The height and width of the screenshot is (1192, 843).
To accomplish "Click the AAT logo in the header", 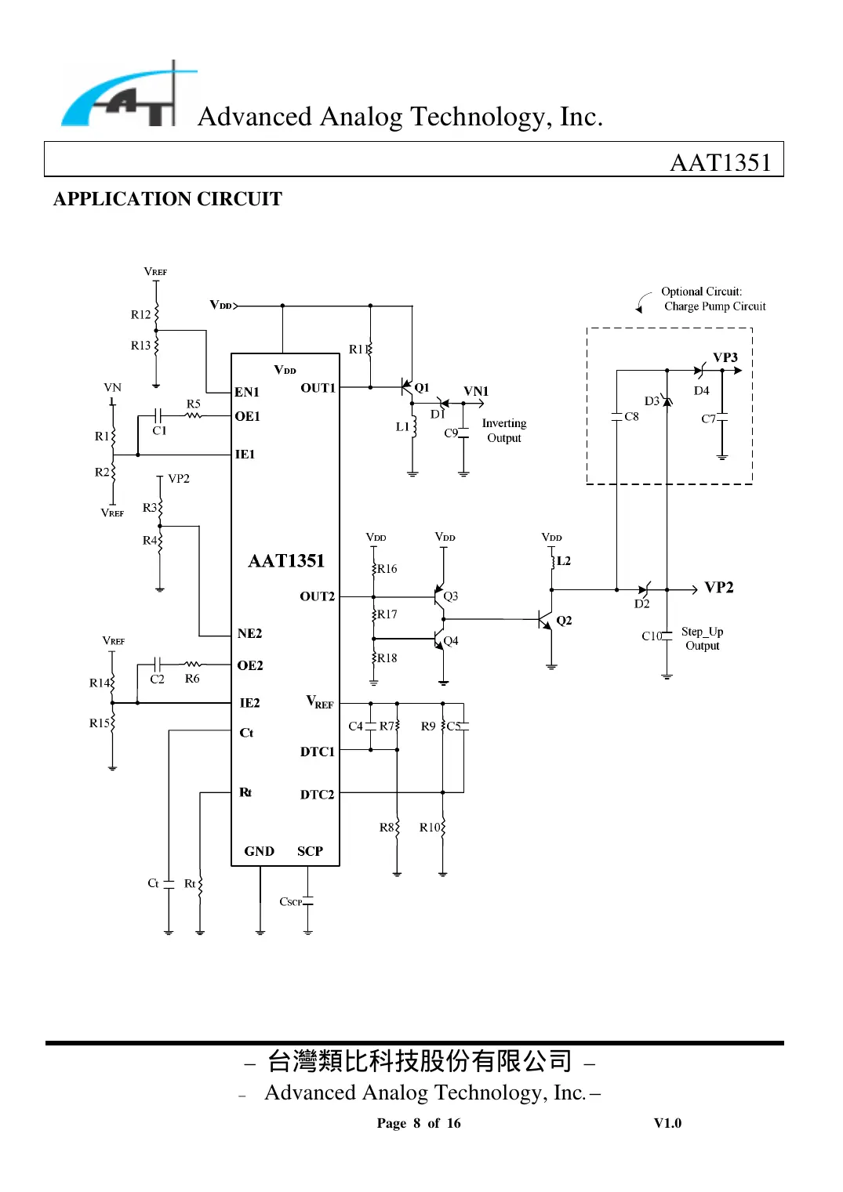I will pyautogui.click(x=125, y=96).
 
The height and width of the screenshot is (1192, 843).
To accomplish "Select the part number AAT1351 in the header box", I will pyautogui.click(x=720, y=162).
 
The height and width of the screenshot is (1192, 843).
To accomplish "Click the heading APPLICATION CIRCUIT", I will pyautogui.click(x=167, y=199).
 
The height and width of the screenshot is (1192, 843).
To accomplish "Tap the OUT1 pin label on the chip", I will pyautogui.click(x=318, y=388).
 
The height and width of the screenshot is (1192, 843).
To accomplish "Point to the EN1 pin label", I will pyautogui.click(x=246, y=392).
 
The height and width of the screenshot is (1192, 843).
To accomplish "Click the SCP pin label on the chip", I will pyautogui.click(x=310, y=851).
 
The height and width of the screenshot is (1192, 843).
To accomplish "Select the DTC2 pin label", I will pyautogui.click(x=317, y=795).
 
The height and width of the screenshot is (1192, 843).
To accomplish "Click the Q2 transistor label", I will pyautogui.click(x=564, y=621).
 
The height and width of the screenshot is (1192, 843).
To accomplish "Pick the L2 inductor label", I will pyautogui.click(x=564, y=561).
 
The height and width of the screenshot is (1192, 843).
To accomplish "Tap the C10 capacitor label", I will pyautogui.click(x=651, y=636).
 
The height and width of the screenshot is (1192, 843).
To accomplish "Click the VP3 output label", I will pyautogui.click(x=725, y=357).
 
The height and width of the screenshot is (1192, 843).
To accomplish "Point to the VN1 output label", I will pyautogui.click(x=475, y=391).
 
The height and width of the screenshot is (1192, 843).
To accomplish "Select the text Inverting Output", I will pyautogui.click(x=503, y=430).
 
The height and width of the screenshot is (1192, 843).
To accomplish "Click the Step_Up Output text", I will pyautogui.click(x=702, y=639).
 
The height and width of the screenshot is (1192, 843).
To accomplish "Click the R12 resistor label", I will pyautogui.click(x=140, y=315).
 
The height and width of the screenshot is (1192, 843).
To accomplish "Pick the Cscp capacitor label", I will pyautogui.click(x=290, y=902).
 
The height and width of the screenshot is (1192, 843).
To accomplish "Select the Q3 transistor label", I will pyautogui.click(x=451, y=596).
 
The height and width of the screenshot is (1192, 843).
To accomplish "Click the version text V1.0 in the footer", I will pyautogui.click(x=667, y=1123).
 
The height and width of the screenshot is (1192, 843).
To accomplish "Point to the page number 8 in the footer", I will pyautogui.click(x=417, y=1123).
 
